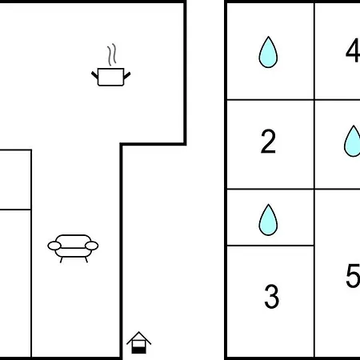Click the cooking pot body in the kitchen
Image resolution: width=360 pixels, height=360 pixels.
tap(111, 77)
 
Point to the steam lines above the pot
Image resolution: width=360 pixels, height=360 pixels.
tap(112, 54)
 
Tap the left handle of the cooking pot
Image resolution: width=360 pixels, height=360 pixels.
tap(94, 75)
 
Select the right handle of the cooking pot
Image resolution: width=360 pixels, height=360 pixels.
tap(127, 75)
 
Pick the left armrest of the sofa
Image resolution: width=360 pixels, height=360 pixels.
tap(54, 246)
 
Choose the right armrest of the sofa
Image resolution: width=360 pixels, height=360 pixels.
tap(91, 246)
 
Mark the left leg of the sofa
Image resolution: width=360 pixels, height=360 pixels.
tap(62, 260)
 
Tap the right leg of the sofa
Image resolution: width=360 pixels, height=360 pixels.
tap(86, 260)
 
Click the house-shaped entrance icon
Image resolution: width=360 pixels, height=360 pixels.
tap(139, 342)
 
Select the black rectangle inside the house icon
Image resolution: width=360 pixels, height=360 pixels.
tap(139, 350)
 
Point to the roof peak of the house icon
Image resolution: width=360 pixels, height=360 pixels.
tap(139, 332)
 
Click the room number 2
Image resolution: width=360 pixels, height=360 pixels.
tap(268, 142)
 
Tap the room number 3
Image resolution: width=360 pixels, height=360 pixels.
tap(271, 296)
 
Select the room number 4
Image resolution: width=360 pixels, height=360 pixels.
tap(353, 50)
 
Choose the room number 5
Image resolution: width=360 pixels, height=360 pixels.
tap(353, 276)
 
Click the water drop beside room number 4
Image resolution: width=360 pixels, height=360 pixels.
tap(268, 52)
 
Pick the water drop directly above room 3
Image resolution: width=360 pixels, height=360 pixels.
tap(268, 220)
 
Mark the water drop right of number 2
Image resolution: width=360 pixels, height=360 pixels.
tap(353, 141)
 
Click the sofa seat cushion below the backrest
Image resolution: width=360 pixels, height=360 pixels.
tap(74, 252)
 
